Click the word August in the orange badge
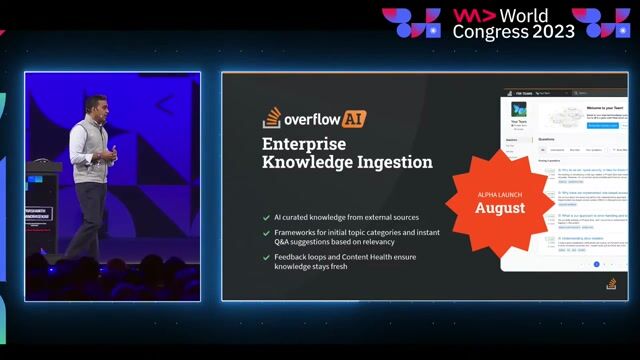coord(499,208)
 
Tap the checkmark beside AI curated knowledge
coord(265,217)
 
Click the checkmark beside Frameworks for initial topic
coord(265,232)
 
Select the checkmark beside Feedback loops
coord(265,257)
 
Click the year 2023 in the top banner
coord(554,31)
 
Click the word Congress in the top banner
coord(489,31)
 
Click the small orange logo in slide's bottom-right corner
coord(611,284)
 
